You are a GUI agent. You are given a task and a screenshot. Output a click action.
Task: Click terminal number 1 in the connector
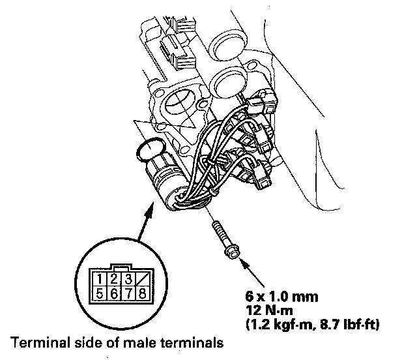(96, 280)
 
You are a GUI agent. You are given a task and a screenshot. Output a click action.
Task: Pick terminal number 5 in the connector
(96, 293)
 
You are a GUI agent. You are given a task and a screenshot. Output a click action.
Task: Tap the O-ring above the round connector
(148, 152)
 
